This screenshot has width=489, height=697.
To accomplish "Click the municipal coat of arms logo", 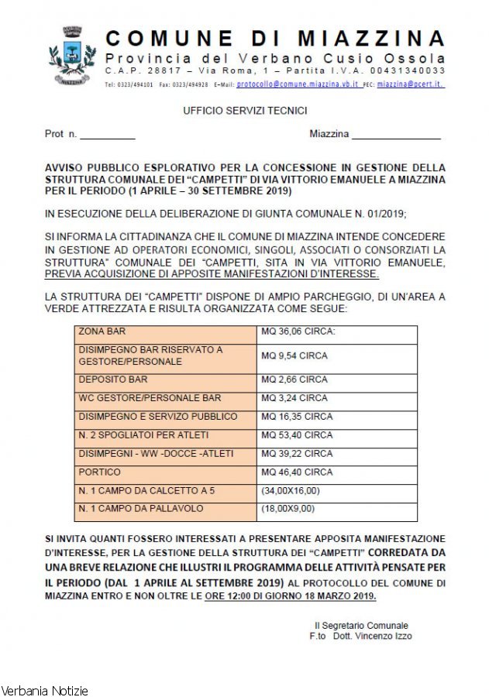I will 73,55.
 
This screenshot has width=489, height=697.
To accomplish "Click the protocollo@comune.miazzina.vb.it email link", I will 297,84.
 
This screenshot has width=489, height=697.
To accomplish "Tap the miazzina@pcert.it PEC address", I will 410,84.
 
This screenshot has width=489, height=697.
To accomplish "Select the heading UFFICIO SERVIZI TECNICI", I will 245,112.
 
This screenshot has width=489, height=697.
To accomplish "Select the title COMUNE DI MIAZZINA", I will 274,39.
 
